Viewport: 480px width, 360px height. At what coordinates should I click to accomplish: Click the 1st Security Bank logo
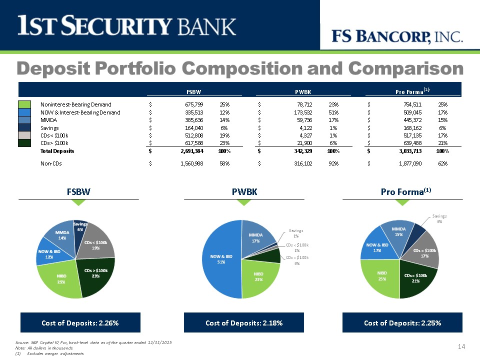126,25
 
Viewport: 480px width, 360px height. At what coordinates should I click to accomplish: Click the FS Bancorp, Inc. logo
397,36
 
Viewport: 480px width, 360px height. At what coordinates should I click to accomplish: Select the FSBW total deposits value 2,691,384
191,151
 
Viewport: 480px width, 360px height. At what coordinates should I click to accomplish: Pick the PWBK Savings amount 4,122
306,128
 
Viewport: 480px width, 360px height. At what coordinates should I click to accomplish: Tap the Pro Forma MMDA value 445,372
412,120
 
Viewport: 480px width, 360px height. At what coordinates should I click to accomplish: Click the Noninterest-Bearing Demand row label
76,104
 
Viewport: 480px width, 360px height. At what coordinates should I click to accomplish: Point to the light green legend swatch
24,104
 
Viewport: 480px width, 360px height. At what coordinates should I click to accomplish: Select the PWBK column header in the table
303,92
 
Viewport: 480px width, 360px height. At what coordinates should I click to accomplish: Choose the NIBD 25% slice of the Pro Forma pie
380,277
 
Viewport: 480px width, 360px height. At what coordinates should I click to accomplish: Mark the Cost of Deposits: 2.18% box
244,322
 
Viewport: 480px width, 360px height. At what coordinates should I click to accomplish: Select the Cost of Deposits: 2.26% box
80,322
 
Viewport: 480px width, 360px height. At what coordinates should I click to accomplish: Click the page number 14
461,346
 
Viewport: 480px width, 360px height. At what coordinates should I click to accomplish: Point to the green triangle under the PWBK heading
244,202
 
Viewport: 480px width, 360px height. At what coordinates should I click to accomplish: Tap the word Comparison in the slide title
405,68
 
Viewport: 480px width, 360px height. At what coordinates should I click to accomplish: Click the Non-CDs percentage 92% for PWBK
333,163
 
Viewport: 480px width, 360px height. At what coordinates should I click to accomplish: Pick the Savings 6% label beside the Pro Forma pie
439,218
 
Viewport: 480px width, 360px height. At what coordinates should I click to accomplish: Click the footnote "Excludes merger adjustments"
55,353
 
